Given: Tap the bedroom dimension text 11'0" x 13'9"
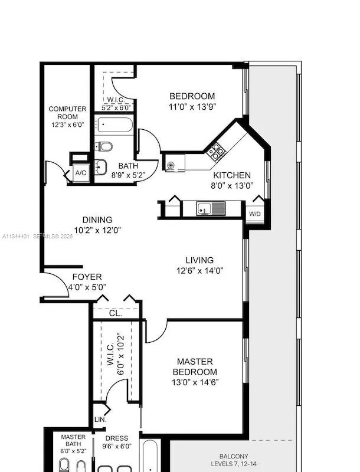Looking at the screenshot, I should coord(192,107).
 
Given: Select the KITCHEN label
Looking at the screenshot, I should coord(232,175).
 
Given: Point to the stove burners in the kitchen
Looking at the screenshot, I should coord(217,151).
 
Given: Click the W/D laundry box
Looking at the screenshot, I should coord(255,214).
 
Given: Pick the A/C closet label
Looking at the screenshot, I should coord(80,173).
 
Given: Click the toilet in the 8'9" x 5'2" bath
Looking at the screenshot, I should coord(104,146).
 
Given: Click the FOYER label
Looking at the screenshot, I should coord(87,277).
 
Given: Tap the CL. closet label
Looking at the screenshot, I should coord(115,313).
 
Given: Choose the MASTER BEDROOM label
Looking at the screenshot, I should coord(194,366).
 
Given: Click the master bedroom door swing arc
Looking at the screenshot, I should coord(155,332).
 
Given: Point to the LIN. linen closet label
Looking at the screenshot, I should coord(100,419).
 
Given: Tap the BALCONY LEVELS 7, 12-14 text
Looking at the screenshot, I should coord(234,460).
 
